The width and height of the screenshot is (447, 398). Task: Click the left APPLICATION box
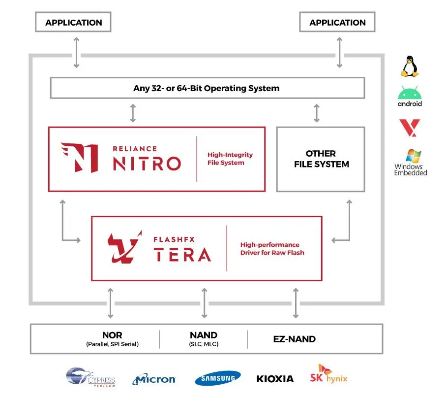(x=74, y=23)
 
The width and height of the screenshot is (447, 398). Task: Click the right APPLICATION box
(x=337, y=23)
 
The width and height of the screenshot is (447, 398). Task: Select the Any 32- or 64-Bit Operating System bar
(x=207, y=89)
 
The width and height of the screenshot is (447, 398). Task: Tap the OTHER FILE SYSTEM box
(x=321, y=159)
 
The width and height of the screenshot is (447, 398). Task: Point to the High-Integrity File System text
(x=230, y=159)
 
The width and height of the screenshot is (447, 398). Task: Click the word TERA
(x=182, y=254)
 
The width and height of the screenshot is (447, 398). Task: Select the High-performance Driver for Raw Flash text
(x=272, y=249)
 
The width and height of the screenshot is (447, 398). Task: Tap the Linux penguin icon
(x=410, y=66)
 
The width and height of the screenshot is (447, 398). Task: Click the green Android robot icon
(x=410, y=94)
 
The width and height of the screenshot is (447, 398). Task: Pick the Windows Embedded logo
(x=411, y=163)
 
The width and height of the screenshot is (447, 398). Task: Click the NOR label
(x=112, y=335)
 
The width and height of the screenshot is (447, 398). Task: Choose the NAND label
(x=204, y=335)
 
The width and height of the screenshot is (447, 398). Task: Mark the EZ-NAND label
(x=294, y=339)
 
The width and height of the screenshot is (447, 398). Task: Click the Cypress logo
(x=90, y=378)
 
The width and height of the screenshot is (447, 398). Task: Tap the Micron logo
(x=154, y=379)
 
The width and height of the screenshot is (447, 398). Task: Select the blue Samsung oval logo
(x=218, y=378)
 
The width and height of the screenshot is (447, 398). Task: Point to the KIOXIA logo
(x=275, y=379)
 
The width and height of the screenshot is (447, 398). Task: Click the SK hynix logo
(x=328, y=374)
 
